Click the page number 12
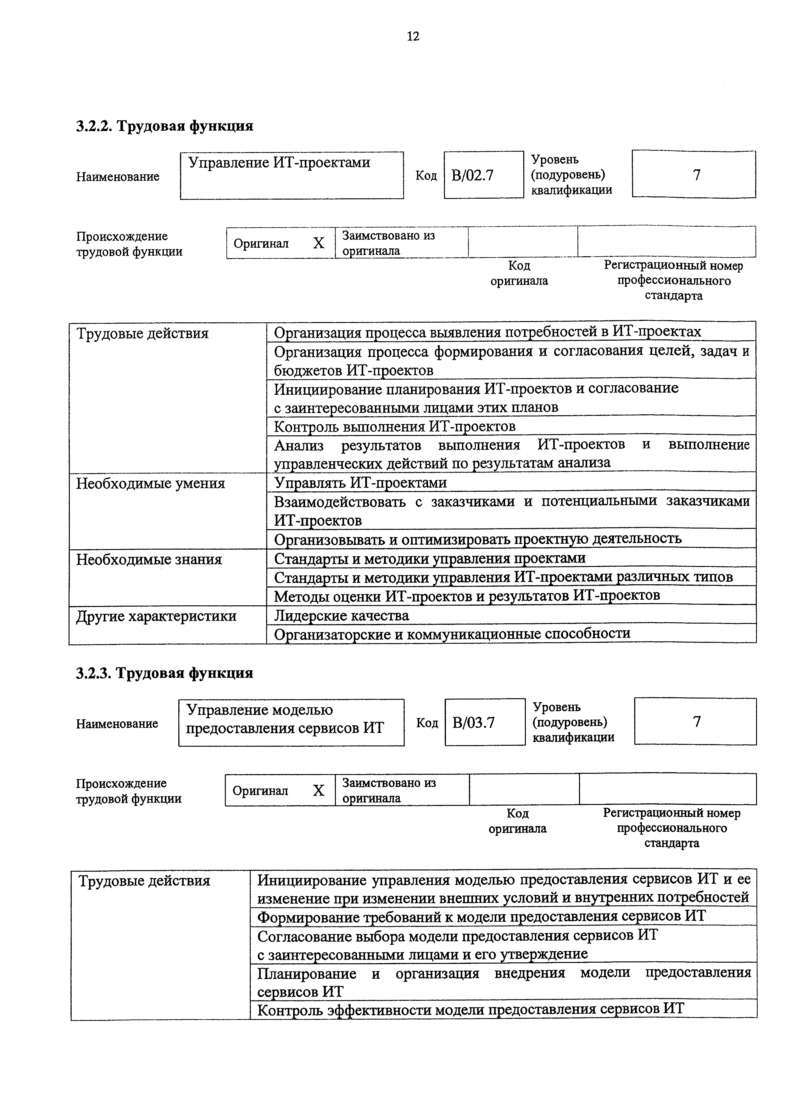[x=413, y=36]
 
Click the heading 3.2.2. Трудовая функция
[x=164, y=126]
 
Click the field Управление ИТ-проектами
[x=292, y=175]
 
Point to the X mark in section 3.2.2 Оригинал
[x=318, y=243]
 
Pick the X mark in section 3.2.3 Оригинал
[x=318, y=790]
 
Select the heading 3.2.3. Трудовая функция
[x=164, y=673]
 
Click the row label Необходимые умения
[x=150, y=483]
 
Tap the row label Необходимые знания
[x=149, y=559]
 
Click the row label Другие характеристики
[x=156, y=616]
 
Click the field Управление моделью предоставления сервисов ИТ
[x=291, y=722]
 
